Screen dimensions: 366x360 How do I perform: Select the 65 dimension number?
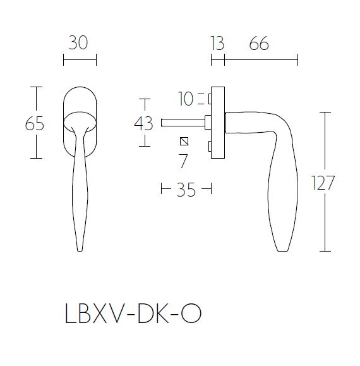coord(35,123)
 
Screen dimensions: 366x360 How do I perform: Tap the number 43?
coord(144,123)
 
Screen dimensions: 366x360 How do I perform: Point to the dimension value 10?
coord(186,99)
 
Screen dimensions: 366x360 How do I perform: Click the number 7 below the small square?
coord(184,162)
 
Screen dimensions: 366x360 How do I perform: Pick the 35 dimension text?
coord(186,190)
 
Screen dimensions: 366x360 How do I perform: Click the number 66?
coord(259,44)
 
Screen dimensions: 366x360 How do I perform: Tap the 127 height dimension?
coord(322,183)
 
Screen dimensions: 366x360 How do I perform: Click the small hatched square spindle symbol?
coord(184,141)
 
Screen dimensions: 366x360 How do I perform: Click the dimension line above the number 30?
coord(80,60)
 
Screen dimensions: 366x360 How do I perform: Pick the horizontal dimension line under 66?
coord(261,60)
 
